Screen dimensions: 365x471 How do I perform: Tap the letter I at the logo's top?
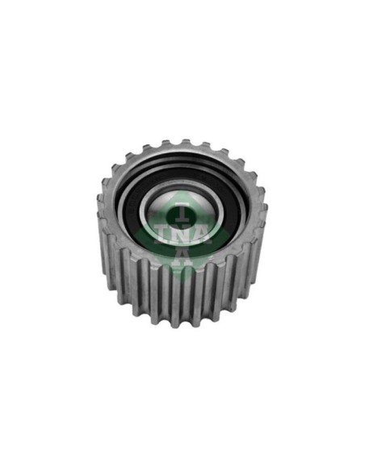[182, 211]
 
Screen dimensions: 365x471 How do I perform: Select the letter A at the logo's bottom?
[182, 256]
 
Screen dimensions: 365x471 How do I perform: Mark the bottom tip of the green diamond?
[182, 279]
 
